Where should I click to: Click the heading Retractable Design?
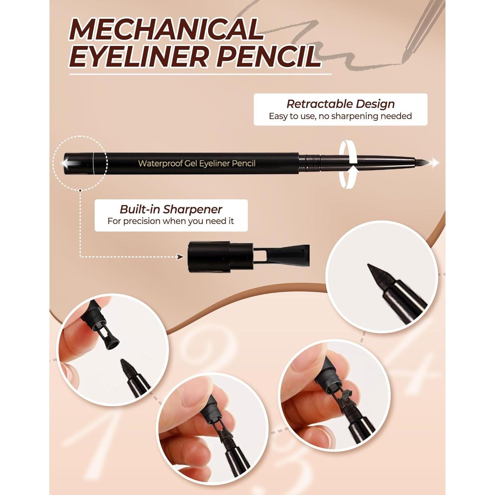click(340, 104)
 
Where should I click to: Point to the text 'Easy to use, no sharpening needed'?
click(340, 116)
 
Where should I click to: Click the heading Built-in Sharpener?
click(171, 209)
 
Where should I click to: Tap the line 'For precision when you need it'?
click(171, 221)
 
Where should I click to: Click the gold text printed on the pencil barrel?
click(197, 163)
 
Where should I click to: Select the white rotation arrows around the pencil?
click(349, 163)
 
